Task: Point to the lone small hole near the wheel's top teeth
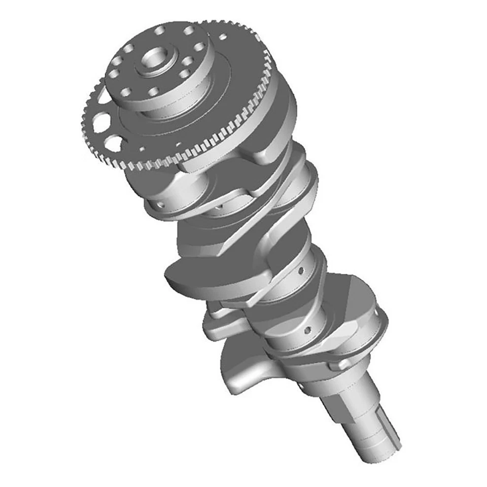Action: (x=222, y=37)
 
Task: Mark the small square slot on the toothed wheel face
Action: (x=142, y=149)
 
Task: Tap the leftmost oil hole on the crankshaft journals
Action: (x=161, y=204)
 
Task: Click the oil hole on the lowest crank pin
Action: (x=306, y=330)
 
